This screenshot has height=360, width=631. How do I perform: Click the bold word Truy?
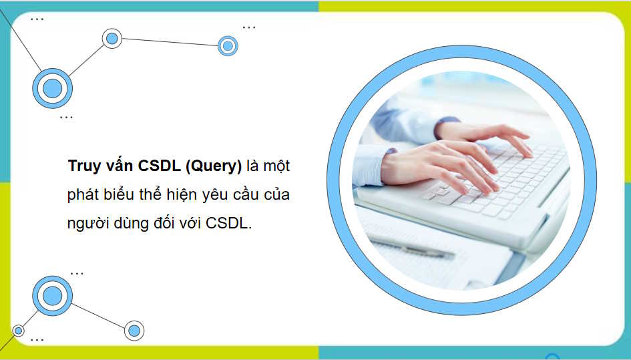click(83, 166)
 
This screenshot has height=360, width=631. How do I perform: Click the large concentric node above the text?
click(52, 88)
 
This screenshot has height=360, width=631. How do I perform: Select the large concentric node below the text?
click(52, 295)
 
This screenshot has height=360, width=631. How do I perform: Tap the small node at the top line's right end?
click(228, 46)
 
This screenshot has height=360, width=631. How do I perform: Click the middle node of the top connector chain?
click(112, 38)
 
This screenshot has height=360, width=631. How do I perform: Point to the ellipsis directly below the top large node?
click(66, 118)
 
